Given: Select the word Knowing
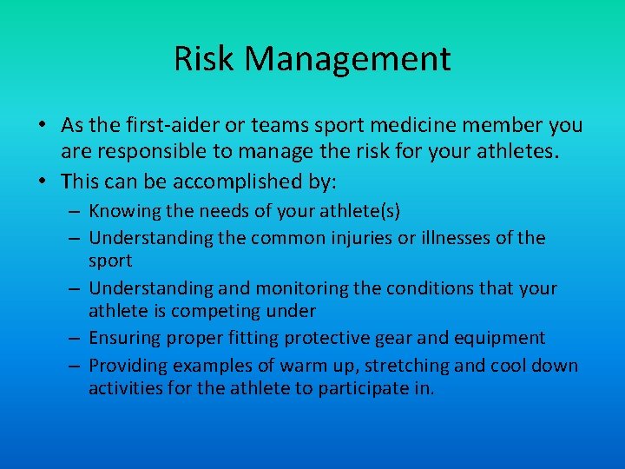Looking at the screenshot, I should [127, 211].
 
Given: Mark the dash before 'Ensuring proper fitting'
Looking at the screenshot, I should [73, 338].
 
